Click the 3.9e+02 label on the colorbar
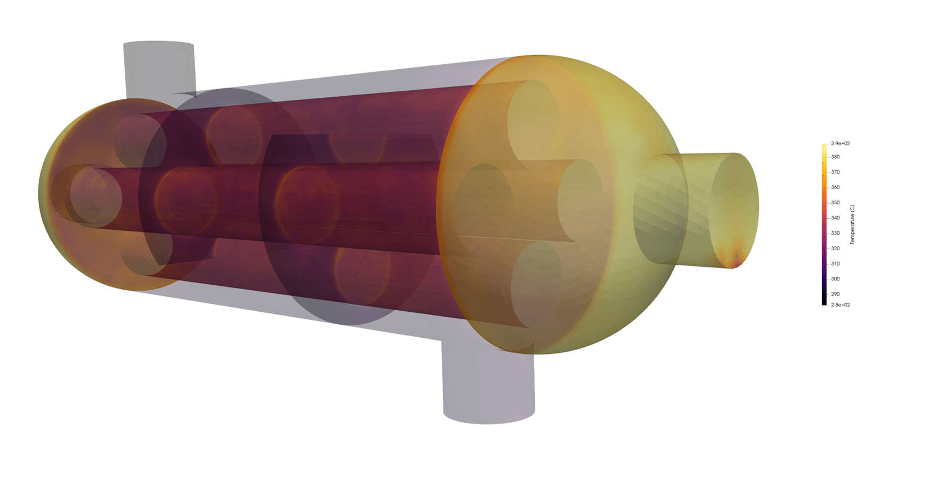[840, 144]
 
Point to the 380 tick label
[835, 157]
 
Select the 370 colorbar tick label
[835, 172]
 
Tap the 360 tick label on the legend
[835, 187]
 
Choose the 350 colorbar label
[835, 203]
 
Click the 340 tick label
[835, 218]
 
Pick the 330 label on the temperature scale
[835, 233]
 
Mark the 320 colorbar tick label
[835, 249]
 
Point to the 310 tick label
[835, 264]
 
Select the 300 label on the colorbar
[835, 279]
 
